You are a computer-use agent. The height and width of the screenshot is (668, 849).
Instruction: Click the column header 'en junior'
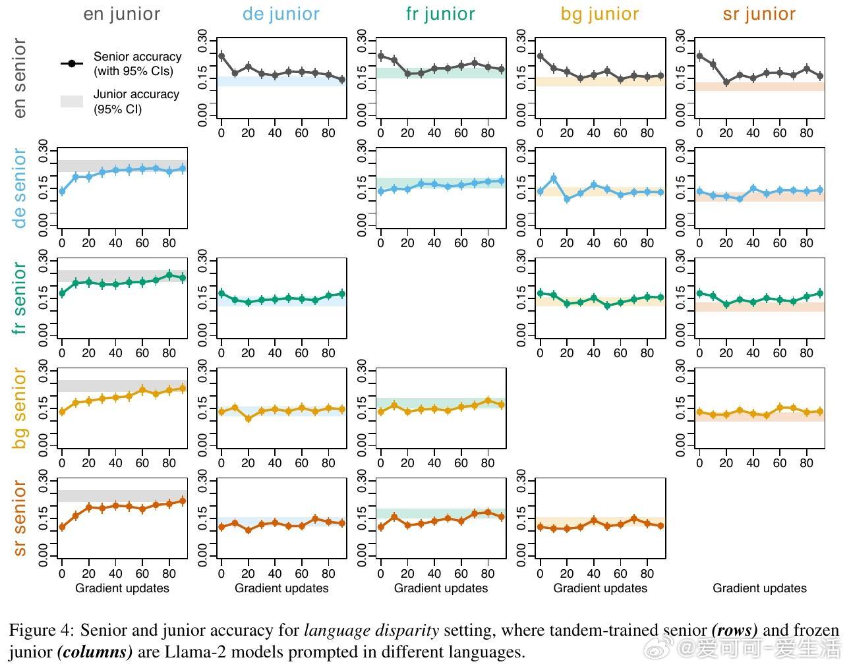(x=121, y=14)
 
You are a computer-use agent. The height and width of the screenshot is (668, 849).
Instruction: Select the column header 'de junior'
(x=281, y=14)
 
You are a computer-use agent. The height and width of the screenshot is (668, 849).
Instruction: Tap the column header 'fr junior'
(x=440, y=14)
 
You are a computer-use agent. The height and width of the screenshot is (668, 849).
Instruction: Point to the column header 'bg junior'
(x=600, y=14)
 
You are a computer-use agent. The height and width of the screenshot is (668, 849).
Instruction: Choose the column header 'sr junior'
(x=759, y=14)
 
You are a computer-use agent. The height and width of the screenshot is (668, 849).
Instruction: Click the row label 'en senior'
(x=20, y=78)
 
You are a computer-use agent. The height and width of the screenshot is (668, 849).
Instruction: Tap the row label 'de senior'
(x=20, y=188)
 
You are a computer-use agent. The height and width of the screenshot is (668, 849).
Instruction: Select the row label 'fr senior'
(x=20, y=298)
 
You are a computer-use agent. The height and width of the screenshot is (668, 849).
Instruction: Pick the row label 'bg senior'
(x=20, y=408)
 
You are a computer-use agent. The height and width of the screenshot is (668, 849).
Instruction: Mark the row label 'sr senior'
(x=20, y=518)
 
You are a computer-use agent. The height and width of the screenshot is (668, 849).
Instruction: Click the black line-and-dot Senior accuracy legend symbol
(x=72, y=63)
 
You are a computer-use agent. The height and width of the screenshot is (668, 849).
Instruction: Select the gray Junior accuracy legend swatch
(x=72, y=101)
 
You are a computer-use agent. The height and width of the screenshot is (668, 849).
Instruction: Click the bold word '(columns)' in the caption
(x=95, y=652)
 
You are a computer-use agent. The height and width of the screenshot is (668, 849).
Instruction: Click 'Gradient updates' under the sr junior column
(x=759, y=588)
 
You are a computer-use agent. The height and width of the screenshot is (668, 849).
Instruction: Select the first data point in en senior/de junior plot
(x=221, y=56)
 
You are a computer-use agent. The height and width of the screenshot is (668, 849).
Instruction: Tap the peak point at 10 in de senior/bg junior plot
(x=554, y=179)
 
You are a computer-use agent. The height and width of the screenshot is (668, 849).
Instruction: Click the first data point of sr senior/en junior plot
(x=62, y=527)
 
